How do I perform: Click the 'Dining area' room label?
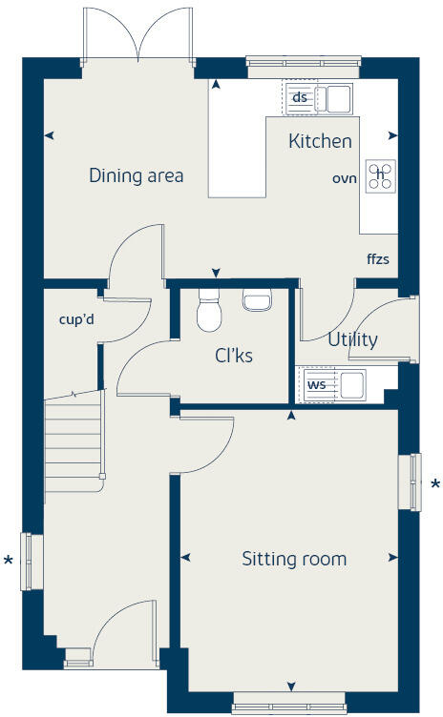pos(136,175)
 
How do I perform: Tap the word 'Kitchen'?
pos(320,141)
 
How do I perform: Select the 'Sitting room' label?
pos(293,559)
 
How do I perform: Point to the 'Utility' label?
pos(352,339)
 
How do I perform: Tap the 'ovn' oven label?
pos(344,178)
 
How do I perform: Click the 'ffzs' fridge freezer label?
pos(377,258)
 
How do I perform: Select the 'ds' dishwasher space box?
pos(300,97)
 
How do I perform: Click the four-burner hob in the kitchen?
pos(380,174)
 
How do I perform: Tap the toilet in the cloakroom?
pos(208,312)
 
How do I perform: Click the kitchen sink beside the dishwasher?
pos(336,97)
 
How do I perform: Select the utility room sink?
pos(352,384)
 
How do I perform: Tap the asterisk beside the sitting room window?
pos(434,484)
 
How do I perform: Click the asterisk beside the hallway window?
pos(9,561)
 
